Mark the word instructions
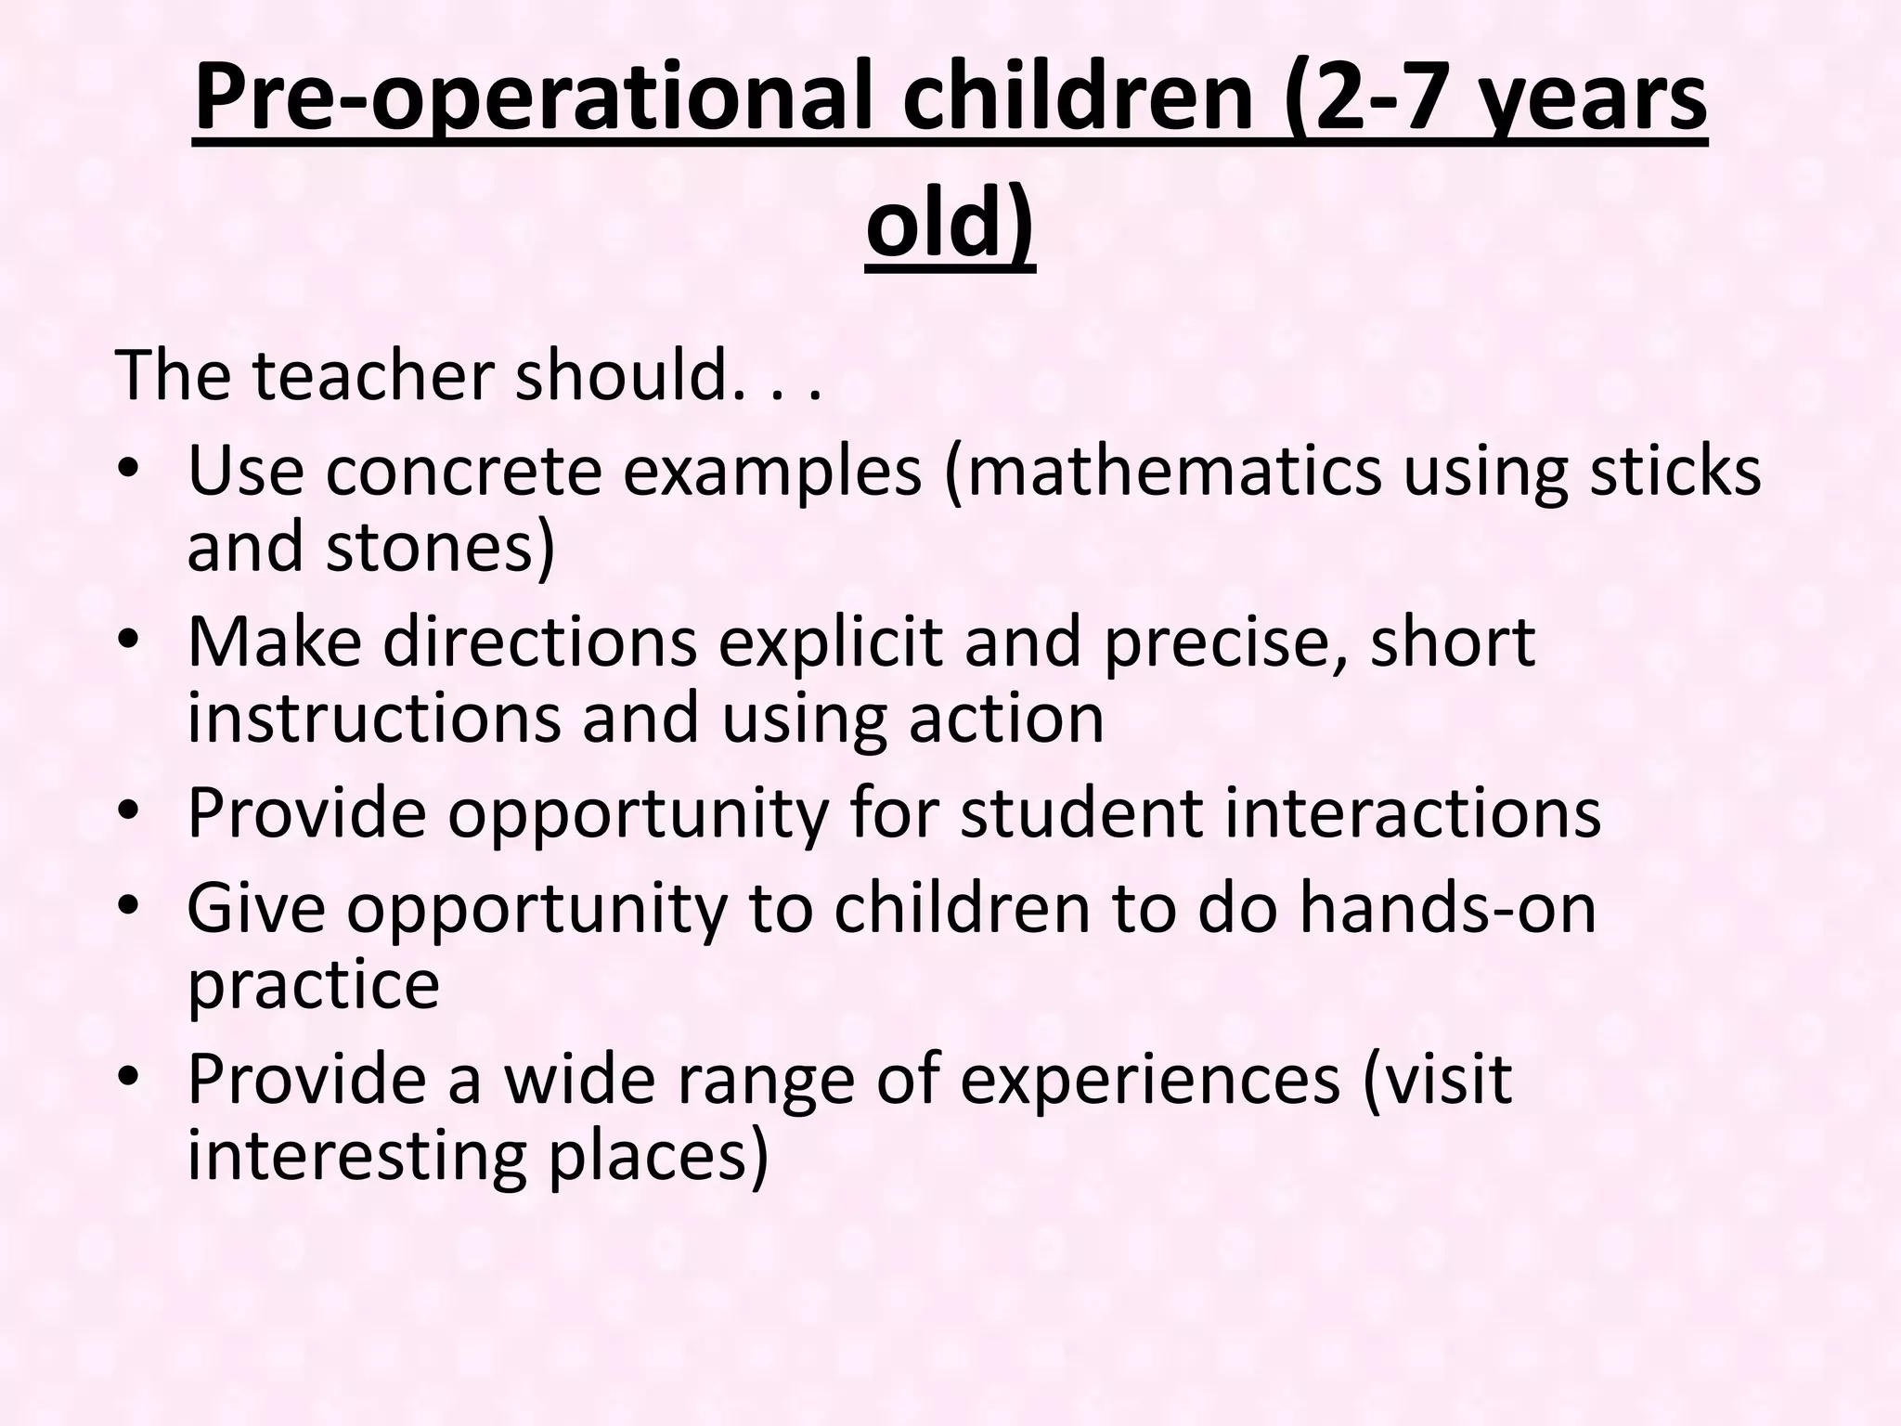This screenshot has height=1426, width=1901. point(373,719)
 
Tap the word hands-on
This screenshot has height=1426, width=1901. point(1447,908)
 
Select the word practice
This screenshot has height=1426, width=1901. point(313,984)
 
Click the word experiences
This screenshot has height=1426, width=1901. point(1150,1079)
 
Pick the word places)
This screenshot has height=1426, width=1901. point(658,1155)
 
